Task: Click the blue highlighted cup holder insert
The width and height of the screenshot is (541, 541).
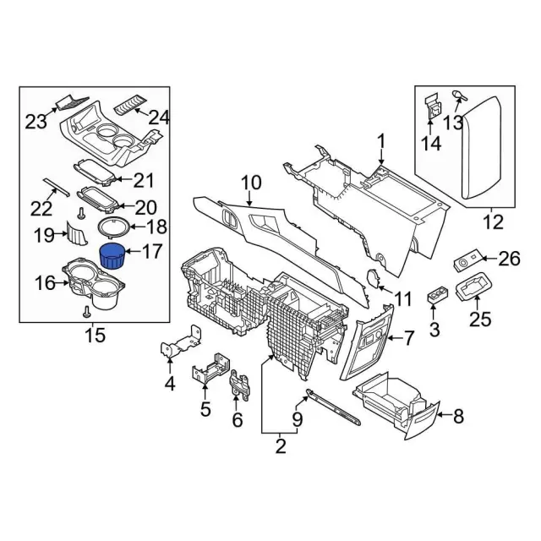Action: tap(112, 254)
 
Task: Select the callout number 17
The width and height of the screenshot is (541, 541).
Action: tap(152, 252)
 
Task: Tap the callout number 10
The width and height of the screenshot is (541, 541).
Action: tap(251, 182)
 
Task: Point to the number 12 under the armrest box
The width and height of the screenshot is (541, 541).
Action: tap(492, 223)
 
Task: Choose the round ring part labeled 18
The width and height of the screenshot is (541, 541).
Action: tap(113, 227)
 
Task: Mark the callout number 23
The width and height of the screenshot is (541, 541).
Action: tap(35, 122)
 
